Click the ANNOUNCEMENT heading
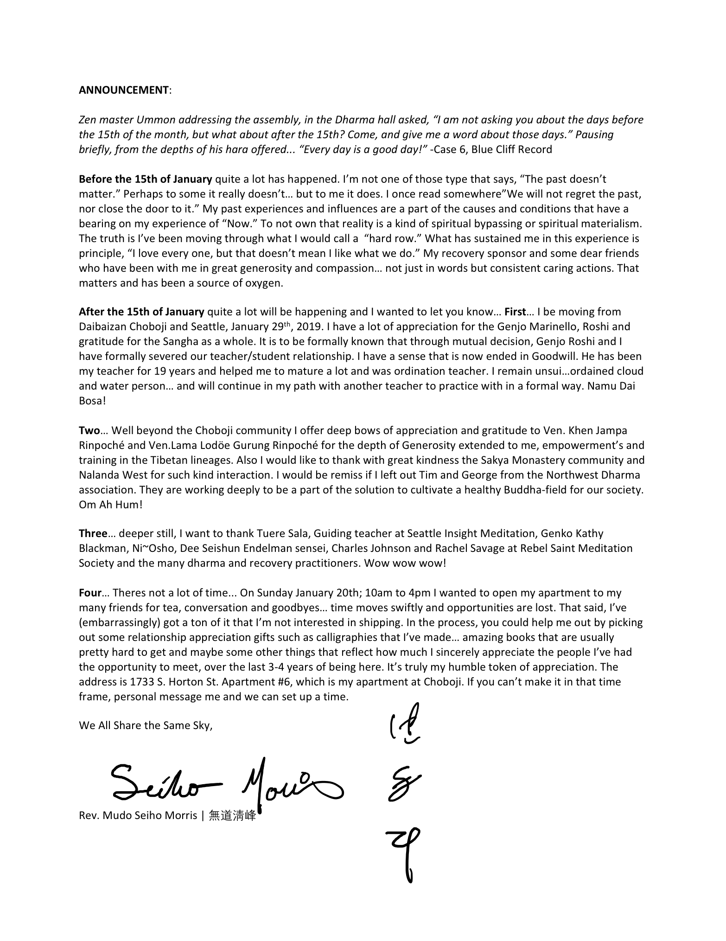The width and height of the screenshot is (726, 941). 123,90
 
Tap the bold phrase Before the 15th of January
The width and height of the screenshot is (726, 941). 145,179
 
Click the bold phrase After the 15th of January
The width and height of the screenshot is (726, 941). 141,312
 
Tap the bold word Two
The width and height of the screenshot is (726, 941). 89,430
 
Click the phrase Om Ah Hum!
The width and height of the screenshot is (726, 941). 110,505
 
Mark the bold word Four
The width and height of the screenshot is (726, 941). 90,593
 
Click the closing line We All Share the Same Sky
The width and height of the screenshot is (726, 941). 145,725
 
